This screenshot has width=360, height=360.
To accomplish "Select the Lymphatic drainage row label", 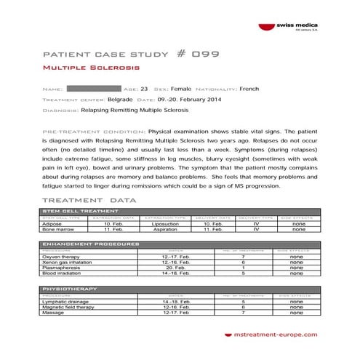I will (65, 300).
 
